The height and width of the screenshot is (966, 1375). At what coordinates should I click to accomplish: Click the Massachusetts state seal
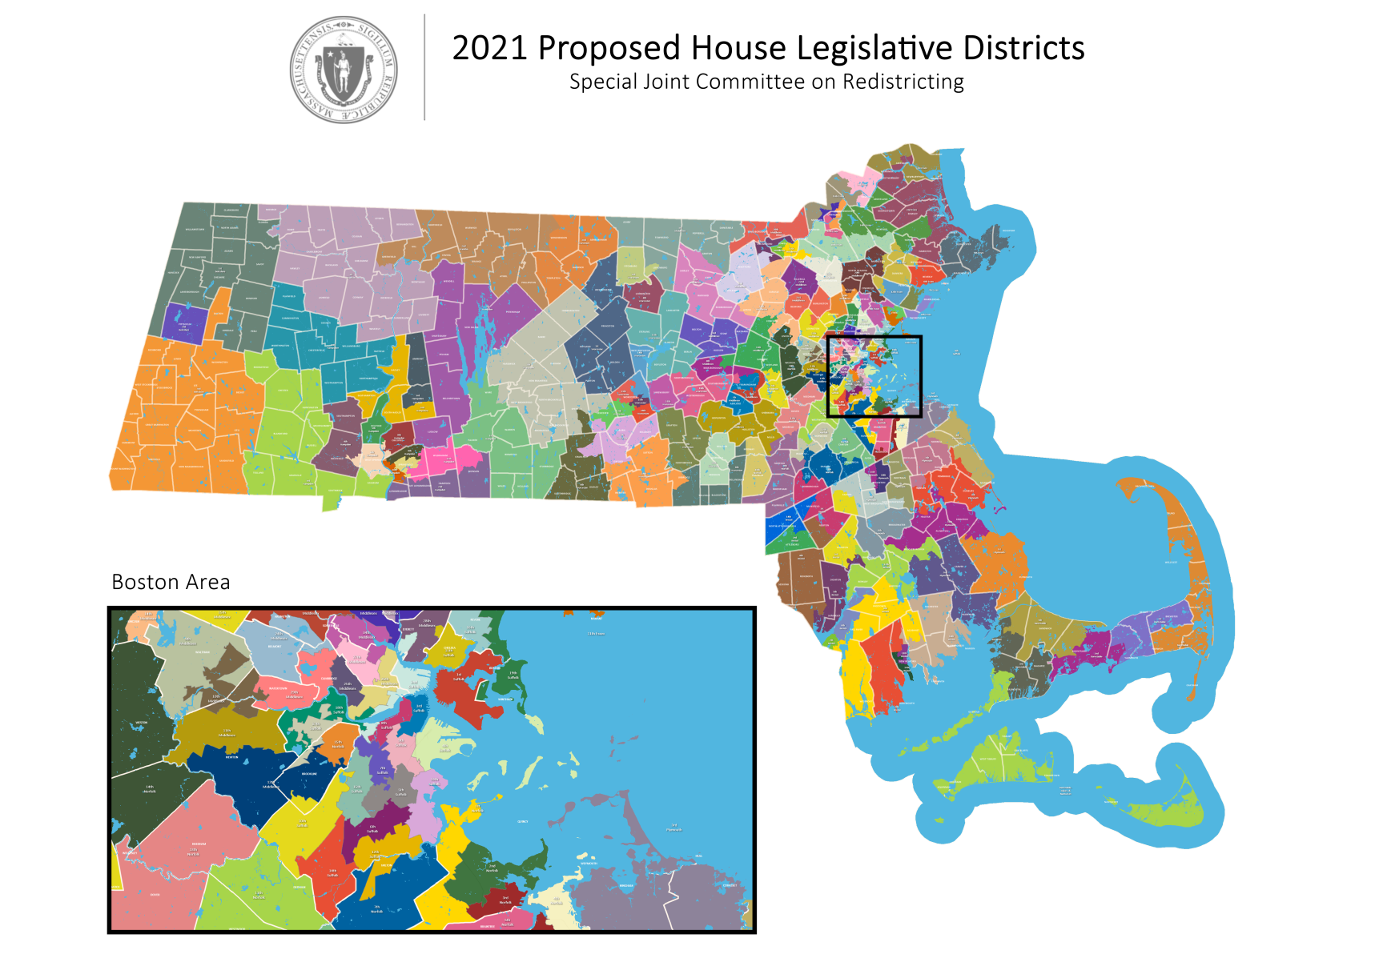[x=344, y=70]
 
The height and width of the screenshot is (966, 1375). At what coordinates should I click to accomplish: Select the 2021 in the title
[x=489, y=48]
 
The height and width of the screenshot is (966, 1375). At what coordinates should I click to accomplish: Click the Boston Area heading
[x=171, y=582]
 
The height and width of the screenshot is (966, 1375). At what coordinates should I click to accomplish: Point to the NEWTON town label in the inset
[x=231, y=757]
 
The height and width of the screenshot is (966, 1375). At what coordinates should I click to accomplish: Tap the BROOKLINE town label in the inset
[x=309, y=773]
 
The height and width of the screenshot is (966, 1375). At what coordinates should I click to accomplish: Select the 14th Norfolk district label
[x=150, y=789]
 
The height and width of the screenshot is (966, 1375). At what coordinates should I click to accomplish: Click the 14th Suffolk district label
[x=332, y=872]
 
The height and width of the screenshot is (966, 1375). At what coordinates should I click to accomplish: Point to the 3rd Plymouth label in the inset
[x=674, y=828]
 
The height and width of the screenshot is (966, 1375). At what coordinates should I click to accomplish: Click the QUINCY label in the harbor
[x=523, y=821]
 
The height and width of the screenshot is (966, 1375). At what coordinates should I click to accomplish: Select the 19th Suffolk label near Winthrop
[x=513, y=675]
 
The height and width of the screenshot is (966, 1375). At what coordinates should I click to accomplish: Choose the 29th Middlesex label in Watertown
[x=294, y=695]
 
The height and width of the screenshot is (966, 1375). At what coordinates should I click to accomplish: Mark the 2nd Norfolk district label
[x=492, y=868]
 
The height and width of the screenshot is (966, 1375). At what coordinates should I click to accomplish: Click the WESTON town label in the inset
[x=141, y=723]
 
